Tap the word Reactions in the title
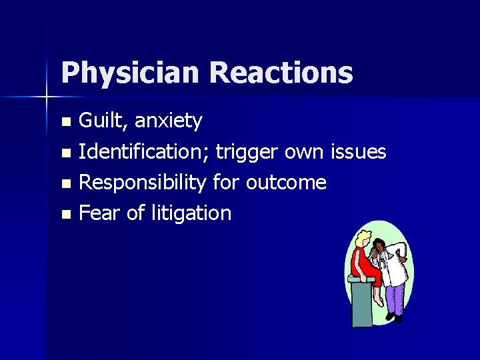pyautogui.click(x=281, y=72)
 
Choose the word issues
pyautogui.click(x=358, y=152)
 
